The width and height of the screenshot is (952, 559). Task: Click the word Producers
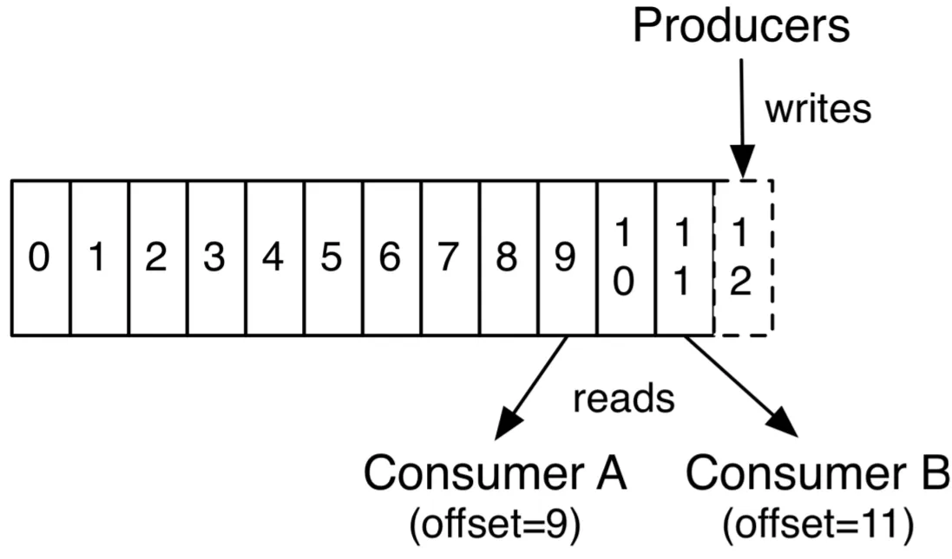[x=741, y=25]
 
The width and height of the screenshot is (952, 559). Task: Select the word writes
[x=817, y=109]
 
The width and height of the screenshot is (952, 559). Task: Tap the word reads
[x=624, y=399]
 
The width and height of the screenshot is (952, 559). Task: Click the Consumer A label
[x=495, y=473]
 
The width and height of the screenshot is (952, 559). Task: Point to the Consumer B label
[x=817, y=473]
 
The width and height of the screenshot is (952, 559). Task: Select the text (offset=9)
[x=495, y=523]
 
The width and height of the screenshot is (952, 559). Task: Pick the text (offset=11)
[x=817, y=523]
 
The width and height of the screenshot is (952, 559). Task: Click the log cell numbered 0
[x=41, y=257]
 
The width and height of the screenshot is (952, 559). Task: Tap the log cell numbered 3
[x=217, y=257]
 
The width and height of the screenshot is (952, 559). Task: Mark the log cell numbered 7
[x=450, y=257]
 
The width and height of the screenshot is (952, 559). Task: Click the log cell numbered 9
[x=568, y=257]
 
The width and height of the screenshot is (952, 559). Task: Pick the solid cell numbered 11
[x=685, y=257]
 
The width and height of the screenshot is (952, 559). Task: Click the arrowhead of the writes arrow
[x=742, y=161]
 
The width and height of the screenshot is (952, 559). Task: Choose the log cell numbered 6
[x=392, y=257]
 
